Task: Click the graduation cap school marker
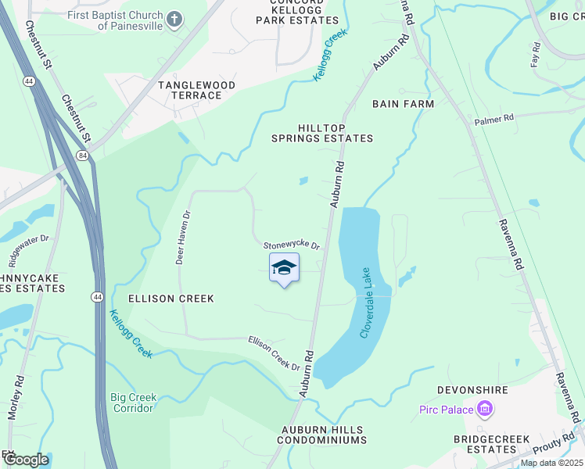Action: click(x=284, y=268)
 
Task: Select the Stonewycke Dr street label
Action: click(x=292, y=245)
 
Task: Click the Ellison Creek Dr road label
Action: click(x=275, y=353)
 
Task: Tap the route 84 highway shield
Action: click(x=82, y=156)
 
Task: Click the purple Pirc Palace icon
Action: click(x=485, y=409)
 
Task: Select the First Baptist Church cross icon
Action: click(x=174, y=19)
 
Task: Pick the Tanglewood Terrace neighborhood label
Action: click(x=190, y=89)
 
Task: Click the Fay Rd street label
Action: click(x=537, y=57)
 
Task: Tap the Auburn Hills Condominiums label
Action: click(x=324, y=435)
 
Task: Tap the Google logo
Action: click(x=25, y=459)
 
